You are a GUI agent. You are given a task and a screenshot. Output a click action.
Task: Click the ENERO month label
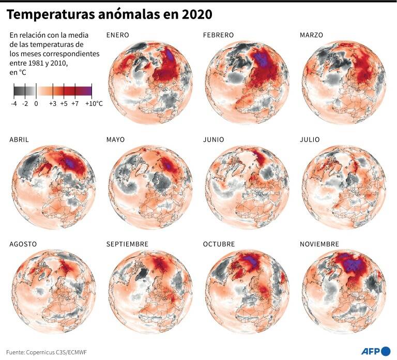tap(117, 35)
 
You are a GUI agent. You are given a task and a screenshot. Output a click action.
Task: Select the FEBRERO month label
tap(218, 35)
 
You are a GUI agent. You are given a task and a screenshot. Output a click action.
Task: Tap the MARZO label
tap(311, 35)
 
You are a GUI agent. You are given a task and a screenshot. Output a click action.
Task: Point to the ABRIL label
tap(19, 139)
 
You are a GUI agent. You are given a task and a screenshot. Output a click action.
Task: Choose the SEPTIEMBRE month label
tap(127, 244)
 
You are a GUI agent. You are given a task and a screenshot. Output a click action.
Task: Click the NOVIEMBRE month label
tap(319, 244)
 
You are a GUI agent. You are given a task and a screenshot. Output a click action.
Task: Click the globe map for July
tap(344, 187)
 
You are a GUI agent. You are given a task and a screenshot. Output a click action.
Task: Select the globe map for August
tap(54, 291)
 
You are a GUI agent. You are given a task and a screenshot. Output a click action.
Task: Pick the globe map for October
tap(248, 291)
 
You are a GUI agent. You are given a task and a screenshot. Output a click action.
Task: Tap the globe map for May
tap(150, 187)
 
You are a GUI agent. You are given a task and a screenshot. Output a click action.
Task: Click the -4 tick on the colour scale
tap(14, 103)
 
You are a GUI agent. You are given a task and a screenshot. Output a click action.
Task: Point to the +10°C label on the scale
tap(94, 103)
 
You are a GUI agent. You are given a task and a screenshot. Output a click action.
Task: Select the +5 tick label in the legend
tap(64, 103)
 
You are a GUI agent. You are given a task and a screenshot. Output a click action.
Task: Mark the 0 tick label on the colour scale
tap(36, 103)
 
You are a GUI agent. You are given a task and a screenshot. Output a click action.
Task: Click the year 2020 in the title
tap(197, 14)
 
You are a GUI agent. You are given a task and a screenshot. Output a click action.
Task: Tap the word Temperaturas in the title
tap(50, 15)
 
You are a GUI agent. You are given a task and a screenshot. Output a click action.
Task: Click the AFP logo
tap(376, 351)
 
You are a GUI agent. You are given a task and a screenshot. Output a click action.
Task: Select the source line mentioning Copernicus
tap(47, 352)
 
